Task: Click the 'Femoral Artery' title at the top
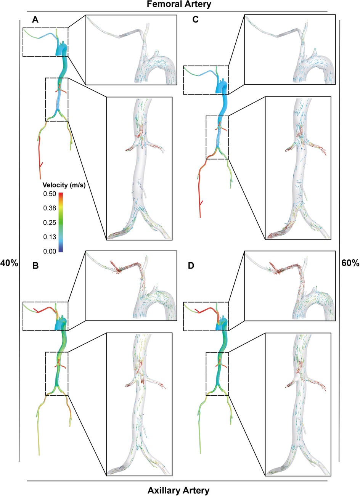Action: coord(179,5)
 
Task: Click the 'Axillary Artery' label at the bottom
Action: coord(178,490)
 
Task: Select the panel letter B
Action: coord(35,266)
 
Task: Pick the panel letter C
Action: coord(195,20)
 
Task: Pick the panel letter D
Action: coord(195,266)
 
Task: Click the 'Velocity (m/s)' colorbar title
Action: coord(60,186)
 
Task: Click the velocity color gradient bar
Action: coord(61,222)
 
